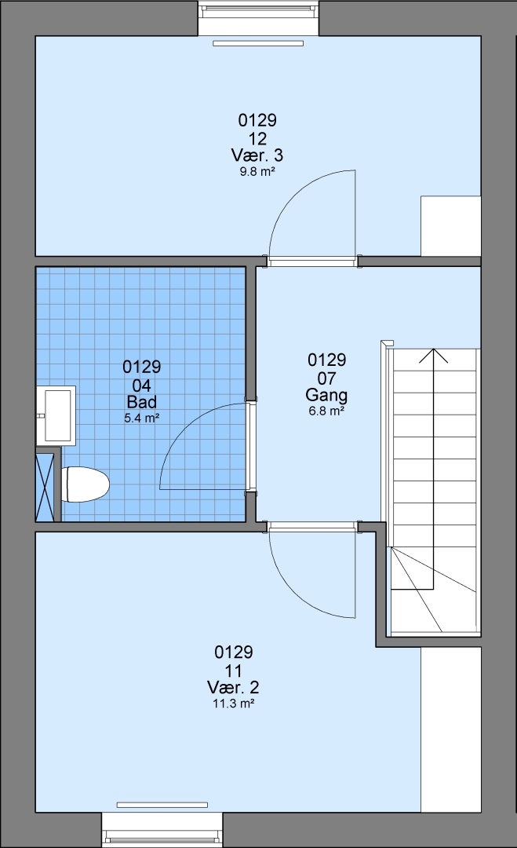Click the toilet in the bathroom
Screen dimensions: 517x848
click(x=86, y=484)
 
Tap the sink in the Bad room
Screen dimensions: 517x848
click(x=56, y=415)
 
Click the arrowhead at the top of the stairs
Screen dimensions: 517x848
click(x=433, y=356)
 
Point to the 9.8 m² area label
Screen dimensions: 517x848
click(x=257, y=173)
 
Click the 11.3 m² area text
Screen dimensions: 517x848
click(x=233, y=704)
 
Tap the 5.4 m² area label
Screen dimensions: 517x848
click(x=141, y=418)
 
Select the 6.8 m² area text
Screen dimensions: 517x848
click(x=326, y=411)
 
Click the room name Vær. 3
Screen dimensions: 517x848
click(x=257, y=155)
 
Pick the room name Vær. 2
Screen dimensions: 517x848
click(x=233, y=687)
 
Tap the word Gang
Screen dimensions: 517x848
click(x=326, y=395)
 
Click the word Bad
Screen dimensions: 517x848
click(x=141, y=402)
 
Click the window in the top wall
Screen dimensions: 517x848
click(x=258, y=18)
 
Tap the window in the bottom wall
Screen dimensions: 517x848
click(x=162, y=830)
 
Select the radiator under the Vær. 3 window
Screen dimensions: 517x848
click(x=258, y=43)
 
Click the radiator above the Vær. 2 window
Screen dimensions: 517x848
click(x=162, y=806)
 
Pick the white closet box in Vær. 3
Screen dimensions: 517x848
click(x=450, y=226)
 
